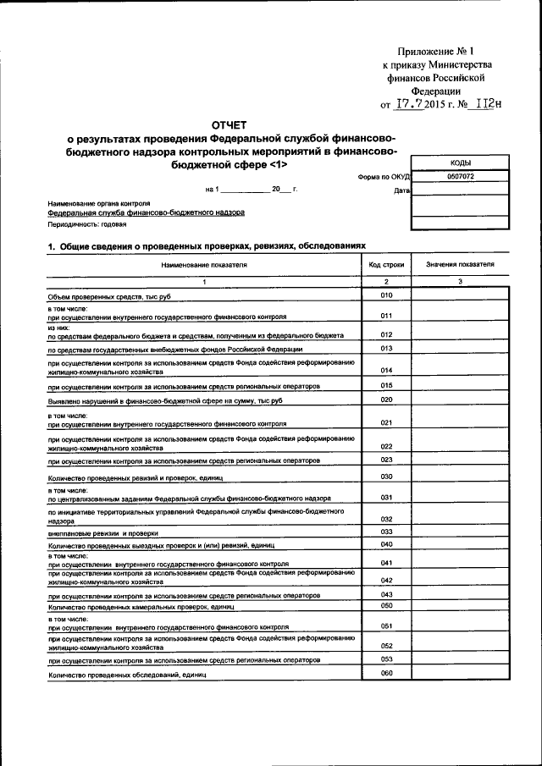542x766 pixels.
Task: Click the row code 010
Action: point(386,295)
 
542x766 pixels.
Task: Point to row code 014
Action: point(386,370)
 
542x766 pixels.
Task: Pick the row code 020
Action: point(386,399)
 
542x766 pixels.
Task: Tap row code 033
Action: point(386,531)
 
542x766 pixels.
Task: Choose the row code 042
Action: point(386,580)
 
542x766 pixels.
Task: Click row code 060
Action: point(386,673)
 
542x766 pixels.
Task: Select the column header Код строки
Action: point(386,265)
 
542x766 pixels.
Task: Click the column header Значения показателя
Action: point(461,265)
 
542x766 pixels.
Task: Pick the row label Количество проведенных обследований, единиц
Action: point(127,676)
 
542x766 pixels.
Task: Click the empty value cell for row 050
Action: point(461,606)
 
